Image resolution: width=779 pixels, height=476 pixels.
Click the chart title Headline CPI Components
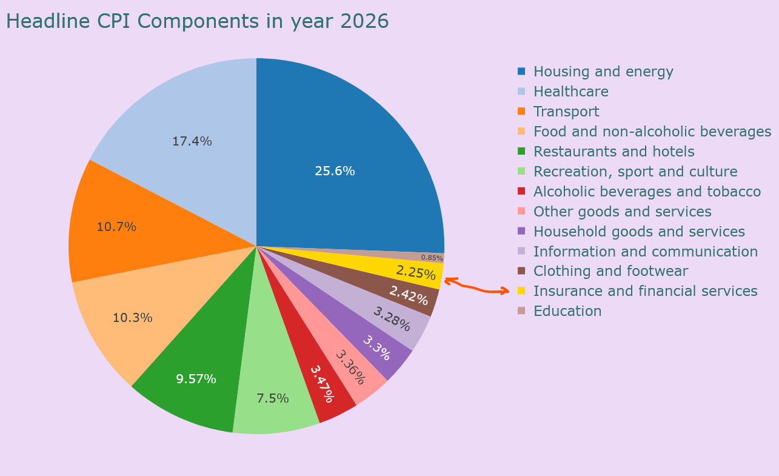pyautogui.click(x=197, y=22)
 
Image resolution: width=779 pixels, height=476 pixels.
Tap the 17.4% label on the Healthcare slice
pyautogui.click(x=192, y=142)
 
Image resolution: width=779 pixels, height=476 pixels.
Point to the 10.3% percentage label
pyautogui.click(x=132, y=318)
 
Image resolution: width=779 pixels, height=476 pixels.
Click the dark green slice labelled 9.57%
pyautogui.click(x=196, y=379)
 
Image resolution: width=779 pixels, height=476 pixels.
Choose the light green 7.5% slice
pyautogui.click(x=272, y=398)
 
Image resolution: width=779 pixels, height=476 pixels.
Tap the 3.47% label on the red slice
pyautogui.click(x=321, y=384)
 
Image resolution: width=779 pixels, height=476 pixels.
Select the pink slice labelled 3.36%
pyautogui.click(x=351, y=367)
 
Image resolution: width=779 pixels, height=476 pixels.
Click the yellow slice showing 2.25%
pyautogui.click(x=416, y=272)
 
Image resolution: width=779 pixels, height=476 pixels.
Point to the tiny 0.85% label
pyautogui.click(x=432, y=258)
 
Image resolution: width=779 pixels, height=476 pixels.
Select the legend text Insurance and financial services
pyautogui.click(x=645, y=291)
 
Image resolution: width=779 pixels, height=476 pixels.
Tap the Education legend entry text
pyautogui.click(x=567, y=311)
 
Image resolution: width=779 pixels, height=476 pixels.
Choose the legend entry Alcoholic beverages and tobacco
pyautogui.click(x=647, y=192)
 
